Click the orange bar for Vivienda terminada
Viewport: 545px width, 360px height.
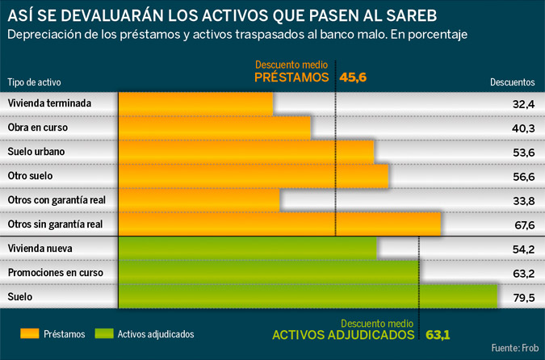pos(195,104)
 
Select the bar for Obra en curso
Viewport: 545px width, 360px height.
pos(215,128)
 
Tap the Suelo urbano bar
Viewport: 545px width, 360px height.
pos(246,152)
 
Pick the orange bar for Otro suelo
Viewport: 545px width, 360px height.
pos(254,176)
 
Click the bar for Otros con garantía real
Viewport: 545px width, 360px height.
pos(199,200)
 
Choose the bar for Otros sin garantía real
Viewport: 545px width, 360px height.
pos(279,224)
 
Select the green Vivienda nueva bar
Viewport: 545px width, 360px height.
pos(248,249)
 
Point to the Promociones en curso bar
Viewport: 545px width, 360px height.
pos(270,273)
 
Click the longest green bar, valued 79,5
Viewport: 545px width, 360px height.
pos(308,296)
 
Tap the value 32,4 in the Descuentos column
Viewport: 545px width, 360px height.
pos(523,105)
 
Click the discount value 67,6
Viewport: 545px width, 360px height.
pos(523,225)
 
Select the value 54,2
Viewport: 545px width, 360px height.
pos(523,249)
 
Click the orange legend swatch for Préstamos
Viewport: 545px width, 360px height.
pos(30,333)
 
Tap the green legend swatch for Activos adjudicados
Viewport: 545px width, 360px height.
pos(104,333)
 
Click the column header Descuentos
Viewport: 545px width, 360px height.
pos(512,82)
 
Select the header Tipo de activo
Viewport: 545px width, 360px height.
pos(35,82)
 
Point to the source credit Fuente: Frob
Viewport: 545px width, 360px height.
pos(514,347)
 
